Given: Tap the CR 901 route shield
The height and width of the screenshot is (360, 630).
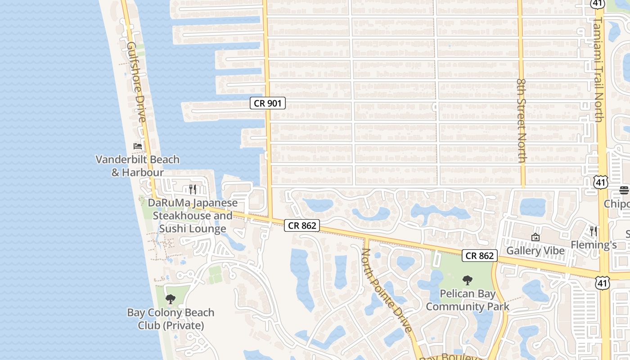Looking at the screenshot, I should coord(268,103).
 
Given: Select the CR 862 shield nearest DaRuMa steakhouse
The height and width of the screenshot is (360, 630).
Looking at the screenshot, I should coord(302,225).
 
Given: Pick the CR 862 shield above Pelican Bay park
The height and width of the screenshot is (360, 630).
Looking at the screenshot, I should coord(480,256).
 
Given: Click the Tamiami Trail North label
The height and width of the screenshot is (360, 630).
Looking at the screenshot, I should coord(598,70).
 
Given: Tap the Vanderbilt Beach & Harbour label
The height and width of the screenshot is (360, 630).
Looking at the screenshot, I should coord(138,166).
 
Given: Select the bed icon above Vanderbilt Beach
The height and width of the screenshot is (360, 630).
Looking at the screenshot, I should coord(138,146).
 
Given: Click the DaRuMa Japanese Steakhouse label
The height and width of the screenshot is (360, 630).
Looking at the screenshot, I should coord(193,216).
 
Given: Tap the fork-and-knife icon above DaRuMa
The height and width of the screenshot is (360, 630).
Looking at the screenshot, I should coord(193,189).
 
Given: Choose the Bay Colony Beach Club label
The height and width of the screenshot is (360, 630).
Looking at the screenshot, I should coord(171,319).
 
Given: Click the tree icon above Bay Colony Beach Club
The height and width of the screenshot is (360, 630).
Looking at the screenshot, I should coord(171,299).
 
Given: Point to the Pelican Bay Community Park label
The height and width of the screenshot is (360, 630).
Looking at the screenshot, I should coord(468,300).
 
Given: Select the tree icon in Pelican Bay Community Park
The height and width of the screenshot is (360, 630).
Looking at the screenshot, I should coord(468,280).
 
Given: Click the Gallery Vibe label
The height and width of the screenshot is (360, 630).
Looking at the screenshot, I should coord(535,251).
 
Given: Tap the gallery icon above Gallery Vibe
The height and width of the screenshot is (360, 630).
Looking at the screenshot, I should coord(535,237).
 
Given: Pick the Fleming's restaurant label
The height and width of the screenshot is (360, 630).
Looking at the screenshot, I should coord(594,245).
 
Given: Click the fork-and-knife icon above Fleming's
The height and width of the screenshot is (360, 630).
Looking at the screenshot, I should coord(594,231).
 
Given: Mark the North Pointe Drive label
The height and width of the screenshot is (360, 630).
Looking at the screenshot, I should coord(387,290).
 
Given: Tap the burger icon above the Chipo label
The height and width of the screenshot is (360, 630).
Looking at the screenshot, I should coord(624,190).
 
